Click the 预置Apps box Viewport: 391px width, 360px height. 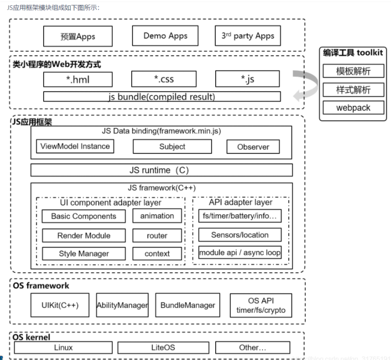tap(77, 36)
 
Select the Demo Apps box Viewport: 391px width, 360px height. tap(165, 36)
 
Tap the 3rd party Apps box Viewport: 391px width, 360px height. tap(248, 36)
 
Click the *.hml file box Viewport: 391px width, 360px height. tap(78, 79)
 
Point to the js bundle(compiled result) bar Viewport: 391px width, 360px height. tap(162, 97)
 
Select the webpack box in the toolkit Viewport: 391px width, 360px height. tap(353, 108)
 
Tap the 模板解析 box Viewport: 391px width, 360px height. tap(353, 71)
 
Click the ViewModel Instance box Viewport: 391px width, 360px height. tap(75, 146)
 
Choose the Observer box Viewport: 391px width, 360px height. tap(253, 147)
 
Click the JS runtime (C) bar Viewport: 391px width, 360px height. tap(162, 170)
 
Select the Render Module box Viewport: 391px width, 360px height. tap(84, 235)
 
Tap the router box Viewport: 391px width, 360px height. tap(157, 236)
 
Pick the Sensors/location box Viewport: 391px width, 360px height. tap(240, 235)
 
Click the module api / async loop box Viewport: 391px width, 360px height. tap(240, 252)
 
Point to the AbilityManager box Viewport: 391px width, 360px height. tap(122, 305)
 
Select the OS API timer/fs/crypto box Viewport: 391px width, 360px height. tap(261, 306)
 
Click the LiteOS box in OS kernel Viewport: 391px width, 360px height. tap(162, 348)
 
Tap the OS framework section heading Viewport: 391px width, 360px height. tap(41, 286)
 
